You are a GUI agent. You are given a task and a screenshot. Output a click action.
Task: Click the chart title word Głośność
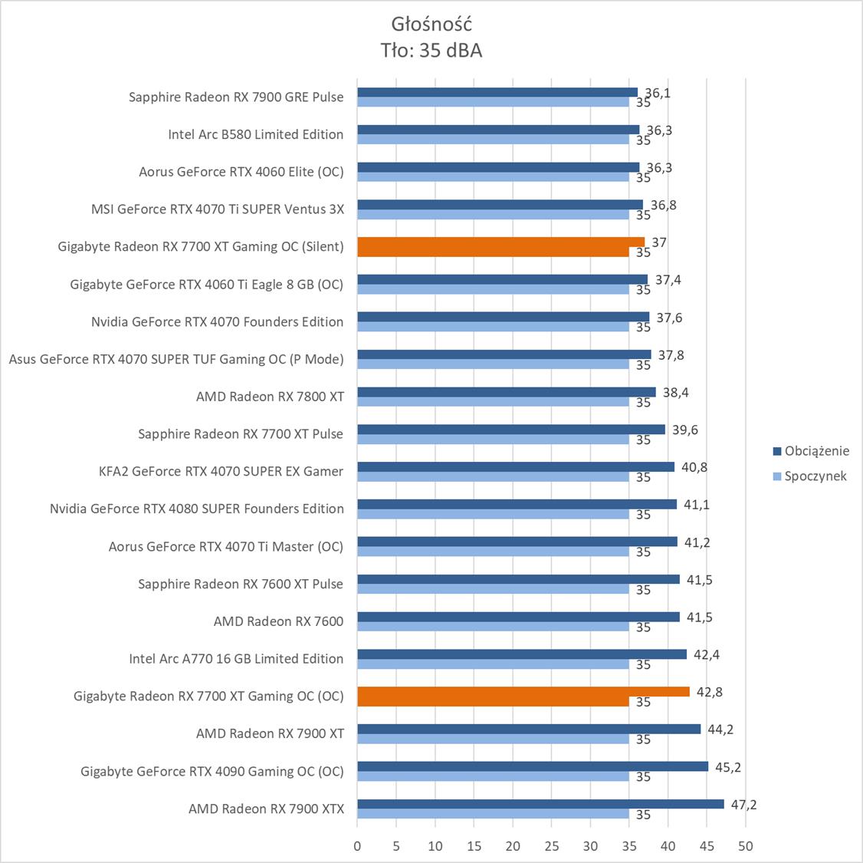(x=431, y=23)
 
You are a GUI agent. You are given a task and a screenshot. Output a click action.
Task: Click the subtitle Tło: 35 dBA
(x=431, y=51)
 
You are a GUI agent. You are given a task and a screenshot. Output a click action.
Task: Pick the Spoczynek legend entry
(x=815, y=476)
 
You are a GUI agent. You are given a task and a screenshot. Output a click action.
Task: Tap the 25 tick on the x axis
(x=552, y=846)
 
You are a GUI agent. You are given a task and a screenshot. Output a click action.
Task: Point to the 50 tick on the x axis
(x=746, y=846)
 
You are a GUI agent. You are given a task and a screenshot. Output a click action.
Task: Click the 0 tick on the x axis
(x=357, y=846)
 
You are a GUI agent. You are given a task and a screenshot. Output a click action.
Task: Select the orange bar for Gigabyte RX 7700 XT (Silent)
(x=500, y=242)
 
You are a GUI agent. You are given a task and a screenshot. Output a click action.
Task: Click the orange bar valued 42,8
(x=523, y=692)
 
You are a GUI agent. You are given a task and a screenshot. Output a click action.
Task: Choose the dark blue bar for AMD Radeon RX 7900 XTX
(x=540, y=804)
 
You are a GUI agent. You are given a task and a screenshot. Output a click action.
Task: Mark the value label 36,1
(x=658, y=93)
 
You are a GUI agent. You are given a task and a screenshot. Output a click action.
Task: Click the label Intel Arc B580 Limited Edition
(x=255, y=134)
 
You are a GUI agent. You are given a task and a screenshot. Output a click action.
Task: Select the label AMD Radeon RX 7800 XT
(x=270, y=397)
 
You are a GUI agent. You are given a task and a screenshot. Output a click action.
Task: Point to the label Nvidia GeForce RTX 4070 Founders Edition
(x=217, y=321)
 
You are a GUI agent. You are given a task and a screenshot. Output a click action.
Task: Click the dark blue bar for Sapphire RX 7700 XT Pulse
(x=510, y=430)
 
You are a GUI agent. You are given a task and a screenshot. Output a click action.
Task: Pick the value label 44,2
(x=720, y=729)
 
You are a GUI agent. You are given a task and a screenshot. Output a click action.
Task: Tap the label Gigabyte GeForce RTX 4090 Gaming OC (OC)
(x=212, y=771)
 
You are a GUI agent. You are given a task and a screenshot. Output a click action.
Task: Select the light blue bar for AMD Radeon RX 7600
(x=493, y=627)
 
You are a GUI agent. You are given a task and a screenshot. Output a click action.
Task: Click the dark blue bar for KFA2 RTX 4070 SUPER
(x=515, y=467)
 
